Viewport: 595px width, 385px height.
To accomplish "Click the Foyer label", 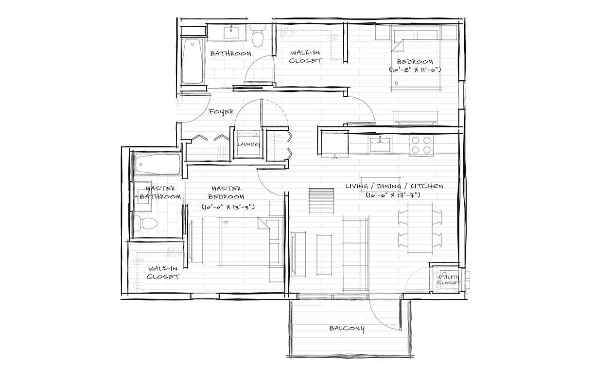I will coord(221,112).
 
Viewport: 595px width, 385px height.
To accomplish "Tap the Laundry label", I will coord(248,144).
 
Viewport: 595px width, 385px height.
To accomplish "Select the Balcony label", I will coord(347,328).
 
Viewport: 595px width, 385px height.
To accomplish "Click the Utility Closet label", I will coord(448,280).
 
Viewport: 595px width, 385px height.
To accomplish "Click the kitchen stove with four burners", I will coord(421,145).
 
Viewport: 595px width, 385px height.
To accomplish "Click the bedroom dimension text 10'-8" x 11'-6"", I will coord(415,70).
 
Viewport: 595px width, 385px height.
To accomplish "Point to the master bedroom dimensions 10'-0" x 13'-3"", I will coord(228,207).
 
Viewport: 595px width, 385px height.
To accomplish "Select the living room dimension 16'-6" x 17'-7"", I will coord(394,195).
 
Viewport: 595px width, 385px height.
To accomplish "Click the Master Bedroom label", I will coord(227,192).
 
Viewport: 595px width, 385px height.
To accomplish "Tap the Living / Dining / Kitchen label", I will coord(394,186).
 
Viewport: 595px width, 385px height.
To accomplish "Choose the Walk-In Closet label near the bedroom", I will coord(305,56).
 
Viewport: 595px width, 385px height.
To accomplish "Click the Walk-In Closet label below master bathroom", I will coord(164,272).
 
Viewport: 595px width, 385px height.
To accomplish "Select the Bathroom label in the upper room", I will coord(230,53).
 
